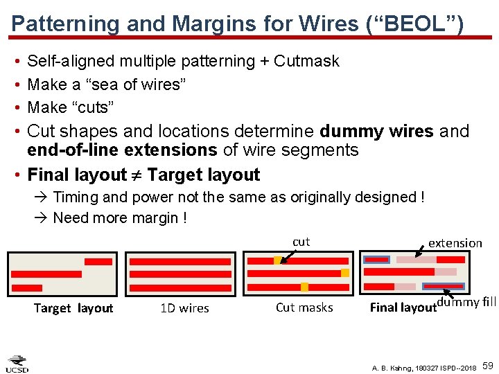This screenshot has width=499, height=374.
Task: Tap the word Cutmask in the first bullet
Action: point(306,61)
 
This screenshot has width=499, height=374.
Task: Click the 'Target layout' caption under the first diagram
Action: point(73,308)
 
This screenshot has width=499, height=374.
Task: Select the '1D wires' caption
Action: point(184,308)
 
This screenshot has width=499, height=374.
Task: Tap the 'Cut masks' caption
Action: point(304,308)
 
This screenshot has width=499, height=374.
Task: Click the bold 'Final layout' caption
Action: point(403,308)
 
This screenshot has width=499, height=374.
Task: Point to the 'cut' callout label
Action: point(301,242)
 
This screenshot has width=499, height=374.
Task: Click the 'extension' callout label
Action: point(455,243)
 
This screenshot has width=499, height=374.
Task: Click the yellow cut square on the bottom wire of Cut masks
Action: point(304,287)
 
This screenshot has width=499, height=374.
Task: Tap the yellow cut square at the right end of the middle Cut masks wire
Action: point(344,273)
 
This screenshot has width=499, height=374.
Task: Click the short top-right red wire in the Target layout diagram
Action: point(98,262)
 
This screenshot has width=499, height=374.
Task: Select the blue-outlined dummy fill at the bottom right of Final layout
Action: point(444,286)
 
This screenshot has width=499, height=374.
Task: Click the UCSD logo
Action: point(17,364)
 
